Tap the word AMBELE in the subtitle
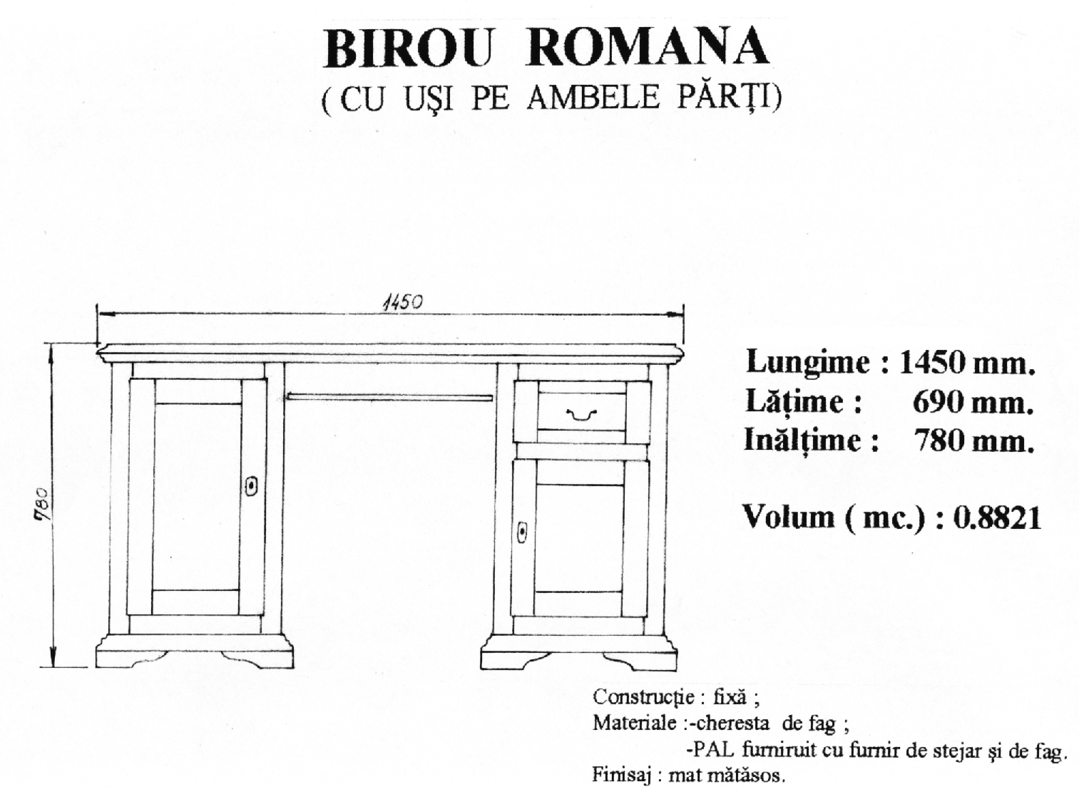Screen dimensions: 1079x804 (x=593, y=97)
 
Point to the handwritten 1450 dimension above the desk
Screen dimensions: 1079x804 (x=402, y=303)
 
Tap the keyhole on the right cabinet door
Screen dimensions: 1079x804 (x=522, y=532)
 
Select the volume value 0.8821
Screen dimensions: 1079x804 (x=998, y=517)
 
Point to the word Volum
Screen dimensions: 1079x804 (x=789, y=517)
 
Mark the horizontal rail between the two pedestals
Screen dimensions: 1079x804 (x=390, y=397)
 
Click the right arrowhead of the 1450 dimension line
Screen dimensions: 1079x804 (x=676, y=315)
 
